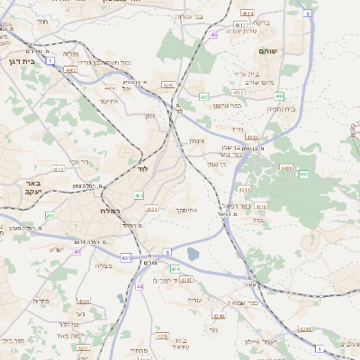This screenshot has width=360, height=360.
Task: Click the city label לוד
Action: (142, 168)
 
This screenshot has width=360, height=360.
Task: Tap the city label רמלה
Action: (110, 210)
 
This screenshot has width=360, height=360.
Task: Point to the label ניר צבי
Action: (78, 163)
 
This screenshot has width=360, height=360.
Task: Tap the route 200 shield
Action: (50, 216)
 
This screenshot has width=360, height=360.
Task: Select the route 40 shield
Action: (213, 35)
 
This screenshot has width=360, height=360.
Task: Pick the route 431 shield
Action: (125, 257)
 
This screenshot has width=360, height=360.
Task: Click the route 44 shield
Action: (139, 286)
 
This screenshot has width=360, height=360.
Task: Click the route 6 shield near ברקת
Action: (307, 13)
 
